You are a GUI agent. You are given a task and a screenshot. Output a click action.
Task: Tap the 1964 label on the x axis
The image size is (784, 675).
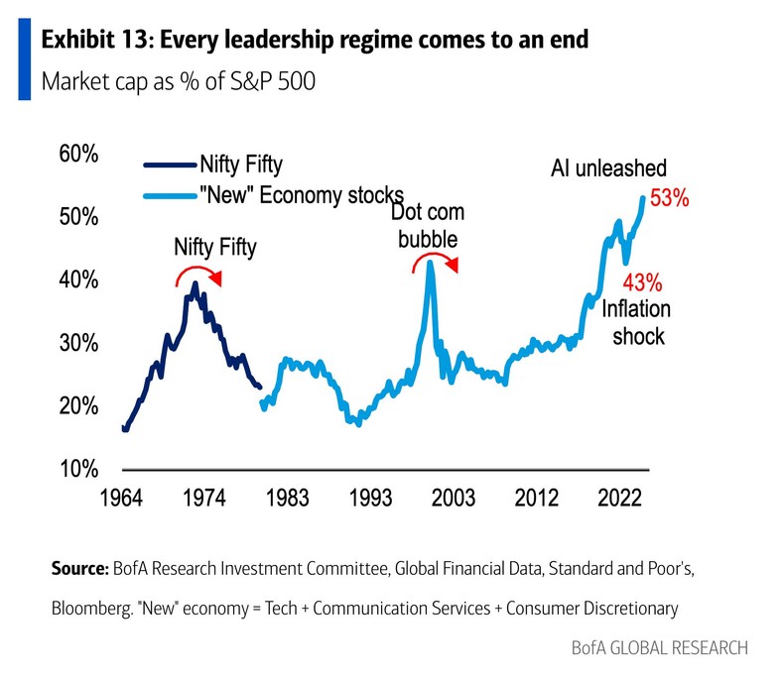124,494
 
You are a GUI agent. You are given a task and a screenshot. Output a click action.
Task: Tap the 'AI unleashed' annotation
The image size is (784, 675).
608,169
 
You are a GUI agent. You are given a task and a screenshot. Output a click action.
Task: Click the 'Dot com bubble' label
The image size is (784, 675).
428,226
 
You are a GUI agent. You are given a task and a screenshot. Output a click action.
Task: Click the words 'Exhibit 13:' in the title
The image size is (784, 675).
95,41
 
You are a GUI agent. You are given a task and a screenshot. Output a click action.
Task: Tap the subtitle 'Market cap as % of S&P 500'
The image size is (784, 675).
179,81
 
